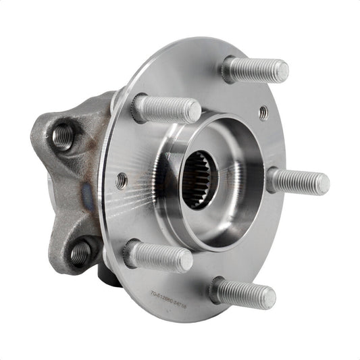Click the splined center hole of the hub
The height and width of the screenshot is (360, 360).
click(202, 180)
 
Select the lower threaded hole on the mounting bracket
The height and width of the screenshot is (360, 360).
click(80, 253)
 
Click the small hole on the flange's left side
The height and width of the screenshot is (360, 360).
click(122, 180)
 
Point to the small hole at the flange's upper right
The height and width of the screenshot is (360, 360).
click(263, 113)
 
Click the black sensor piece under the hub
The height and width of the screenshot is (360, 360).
click(108, 275)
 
